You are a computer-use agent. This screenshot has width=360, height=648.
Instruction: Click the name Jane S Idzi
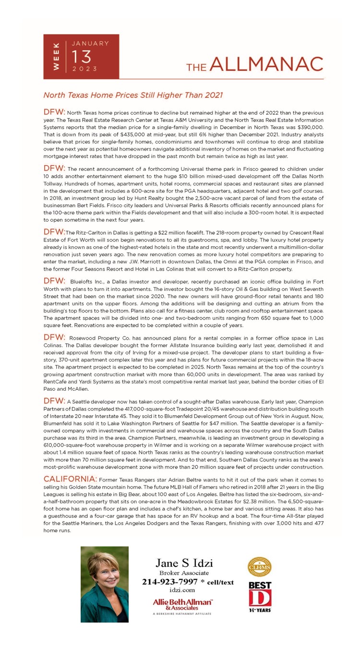(x=184, y=563)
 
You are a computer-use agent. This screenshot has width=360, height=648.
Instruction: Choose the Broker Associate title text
(x=184, y=573)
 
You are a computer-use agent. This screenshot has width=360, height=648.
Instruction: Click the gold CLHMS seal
(x=259, y=567)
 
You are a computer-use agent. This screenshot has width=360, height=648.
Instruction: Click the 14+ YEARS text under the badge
(x=260, y=610)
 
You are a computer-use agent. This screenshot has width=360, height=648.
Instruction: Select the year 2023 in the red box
(x=84, y=69)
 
